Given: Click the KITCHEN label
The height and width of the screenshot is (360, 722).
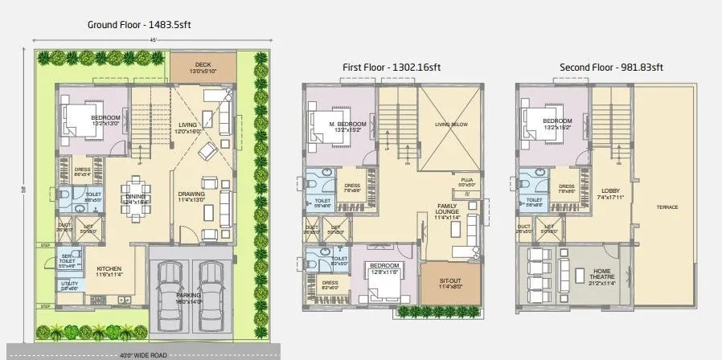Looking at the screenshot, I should click(109, 269).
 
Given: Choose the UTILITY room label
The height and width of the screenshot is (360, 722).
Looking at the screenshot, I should click(69, 284).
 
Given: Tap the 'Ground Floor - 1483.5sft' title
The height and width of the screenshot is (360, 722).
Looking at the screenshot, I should click(139, 25).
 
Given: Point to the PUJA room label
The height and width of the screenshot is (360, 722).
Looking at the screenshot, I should click(467, 180).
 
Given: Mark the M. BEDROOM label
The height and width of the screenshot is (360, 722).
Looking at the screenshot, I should click(347, 124).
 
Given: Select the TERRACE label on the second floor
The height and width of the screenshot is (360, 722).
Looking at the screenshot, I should click(667, 207).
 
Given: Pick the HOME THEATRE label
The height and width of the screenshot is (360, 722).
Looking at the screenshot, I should click(602, 272).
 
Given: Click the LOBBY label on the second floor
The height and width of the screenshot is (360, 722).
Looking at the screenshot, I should click(608, 191).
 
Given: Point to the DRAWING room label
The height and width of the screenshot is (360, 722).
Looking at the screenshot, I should click(191, 194).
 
